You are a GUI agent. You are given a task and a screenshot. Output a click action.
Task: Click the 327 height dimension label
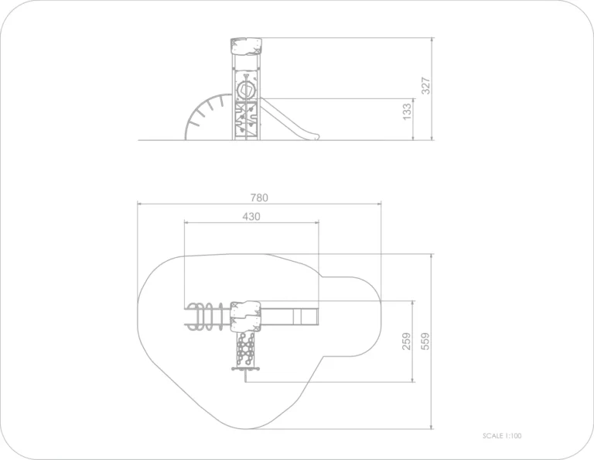(x=426, y=86)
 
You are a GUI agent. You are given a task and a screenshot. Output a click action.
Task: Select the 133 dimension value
(x=407, y=112)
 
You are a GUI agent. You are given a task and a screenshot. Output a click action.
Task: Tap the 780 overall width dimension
(x=259, y=197)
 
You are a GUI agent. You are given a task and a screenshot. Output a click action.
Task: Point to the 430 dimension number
(x=251, y=217)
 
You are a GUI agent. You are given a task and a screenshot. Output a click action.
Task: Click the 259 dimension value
(x=407, y=342)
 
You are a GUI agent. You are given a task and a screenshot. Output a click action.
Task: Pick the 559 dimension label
(x=425, y=342)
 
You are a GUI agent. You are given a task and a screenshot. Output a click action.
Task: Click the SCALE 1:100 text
(x=502, y=436)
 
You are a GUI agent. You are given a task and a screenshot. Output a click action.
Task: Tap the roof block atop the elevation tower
(x=246, y=46)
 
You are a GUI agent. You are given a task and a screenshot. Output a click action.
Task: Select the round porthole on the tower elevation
(x=245, y=91)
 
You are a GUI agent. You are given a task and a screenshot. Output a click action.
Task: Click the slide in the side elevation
(x=290, y=119)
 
